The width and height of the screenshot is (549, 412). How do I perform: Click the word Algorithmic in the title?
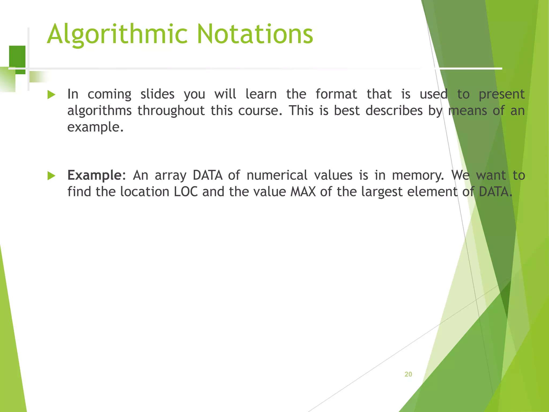(x=117, y=34)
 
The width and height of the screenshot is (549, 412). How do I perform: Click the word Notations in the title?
(x=255, y=34)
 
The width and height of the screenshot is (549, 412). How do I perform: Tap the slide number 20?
(x=408, y=374)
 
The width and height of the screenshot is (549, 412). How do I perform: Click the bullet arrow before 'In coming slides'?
(x=51, y=95)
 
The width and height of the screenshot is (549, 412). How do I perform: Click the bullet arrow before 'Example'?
(x=51, y=176)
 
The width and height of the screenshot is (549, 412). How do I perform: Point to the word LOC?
(x=186, y=192)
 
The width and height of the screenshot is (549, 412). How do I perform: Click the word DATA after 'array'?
(x=207, y=175)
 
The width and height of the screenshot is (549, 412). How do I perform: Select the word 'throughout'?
(x=171, y=111)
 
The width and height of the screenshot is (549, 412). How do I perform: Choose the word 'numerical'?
(x=277, y=175)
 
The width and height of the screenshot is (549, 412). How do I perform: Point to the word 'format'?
(x=336, y=94)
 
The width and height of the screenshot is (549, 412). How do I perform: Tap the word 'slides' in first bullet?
(x=157, y=94)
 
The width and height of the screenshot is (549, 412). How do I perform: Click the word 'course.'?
(x=260, y=111)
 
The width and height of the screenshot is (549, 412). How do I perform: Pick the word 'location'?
(x=144, y=192)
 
